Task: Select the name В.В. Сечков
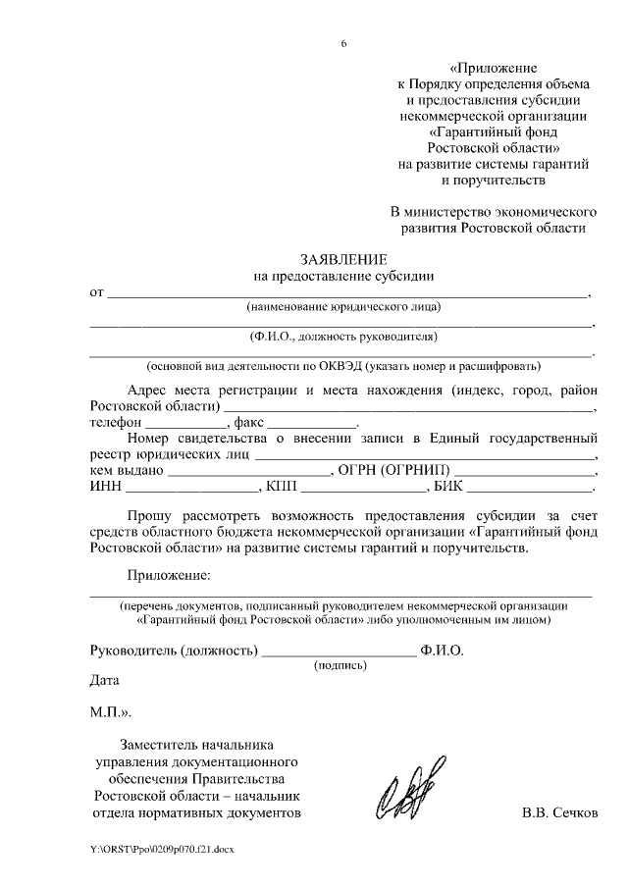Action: (x=558, y=813)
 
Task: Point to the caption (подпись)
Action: (x=340, y=665)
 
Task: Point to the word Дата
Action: (x=104, y=679)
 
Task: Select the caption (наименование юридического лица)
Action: (x=343, y=306)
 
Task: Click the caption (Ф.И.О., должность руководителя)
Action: (x=341, y=337)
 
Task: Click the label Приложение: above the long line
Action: (x=169, y=574)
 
